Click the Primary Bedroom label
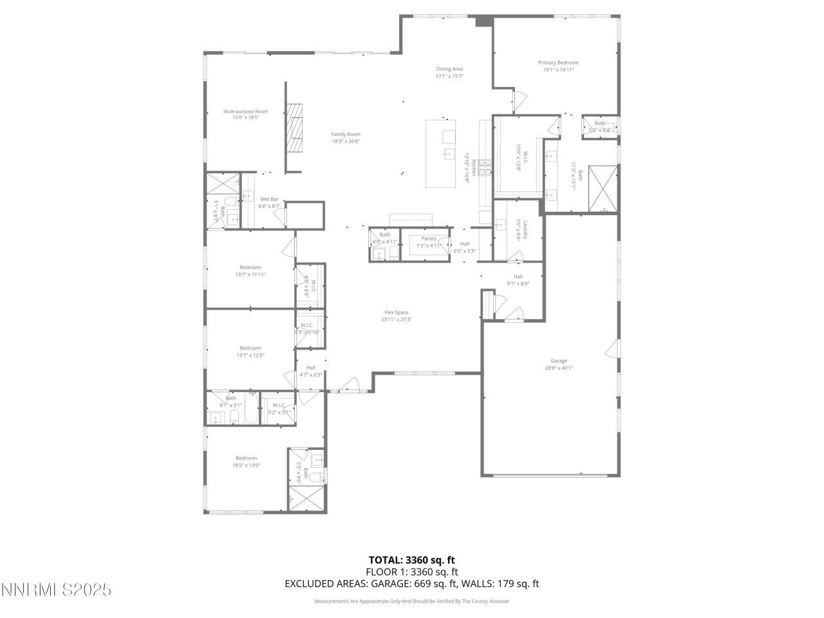click(558, 63)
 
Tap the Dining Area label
click(449, 69)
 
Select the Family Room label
click(346, 134)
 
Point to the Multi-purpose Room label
click(245, 111)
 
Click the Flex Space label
click(396, 312)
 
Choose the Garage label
click(558, 361)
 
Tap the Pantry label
click(429, 238)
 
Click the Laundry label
click(525, 230)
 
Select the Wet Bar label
click(269, 199)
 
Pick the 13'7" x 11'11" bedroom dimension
click(250, 274)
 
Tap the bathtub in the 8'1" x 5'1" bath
click(251, 409)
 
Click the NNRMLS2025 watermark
click(57, 590)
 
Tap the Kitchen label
click(473, 167)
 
